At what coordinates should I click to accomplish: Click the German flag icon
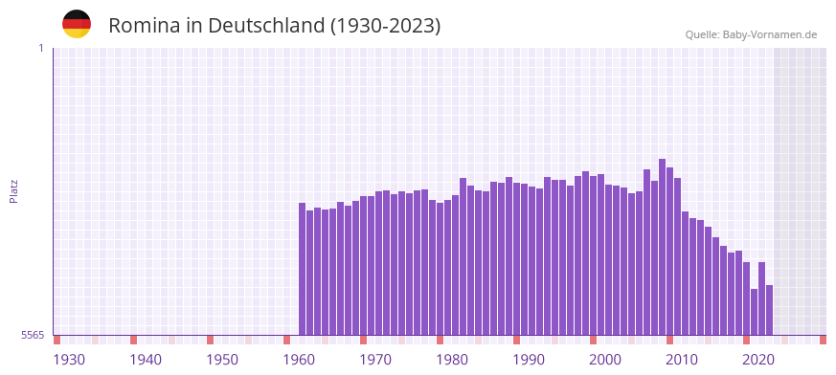77,25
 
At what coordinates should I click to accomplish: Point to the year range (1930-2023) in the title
385,26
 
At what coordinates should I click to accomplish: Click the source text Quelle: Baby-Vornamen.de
751,34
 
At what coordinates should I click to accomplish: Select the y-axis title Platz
13,190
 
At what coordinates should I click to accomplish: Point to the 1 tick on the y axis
40,48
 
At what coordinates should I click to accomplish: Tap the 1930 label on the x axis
69,360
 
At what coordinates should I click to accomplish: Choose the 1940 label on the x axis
146,360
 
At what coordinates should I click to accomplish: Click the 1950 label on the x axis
222,360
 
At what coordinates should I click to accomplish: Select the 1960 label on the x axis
299,360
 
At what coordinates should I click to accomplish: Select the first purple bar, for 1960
303,269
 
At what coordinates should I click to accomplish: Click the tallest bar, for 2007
663,247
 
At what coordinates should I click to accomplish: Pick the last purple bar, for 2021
769,310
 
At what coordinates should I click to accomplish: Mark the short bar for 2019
755,312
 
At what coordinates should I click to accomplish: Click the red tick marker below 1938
134,340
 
